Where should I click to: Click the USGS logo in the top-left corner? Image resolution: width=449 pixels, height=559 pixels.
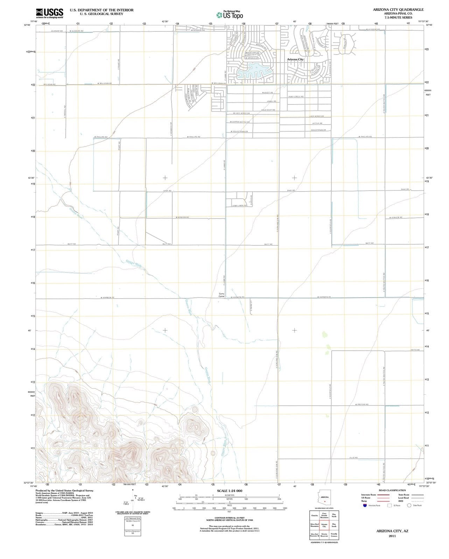(50, 13)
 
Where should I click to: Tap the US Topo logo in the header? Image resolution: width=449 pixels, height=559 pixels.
(229, 15)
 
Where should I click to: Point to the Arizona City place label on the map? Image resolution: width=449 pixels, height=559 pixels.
(295, 59)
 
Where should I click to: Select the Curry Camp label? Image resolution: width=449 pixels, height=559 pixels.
(222, 295)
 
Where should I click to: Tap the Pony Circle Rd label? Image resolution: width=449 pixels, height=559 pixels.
(296, 97)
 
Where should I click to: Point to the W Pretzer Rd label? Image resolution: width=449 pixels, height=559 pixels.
(362, 405)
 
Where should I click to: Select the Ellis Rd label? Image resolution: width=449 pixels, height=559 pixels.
(353, 457)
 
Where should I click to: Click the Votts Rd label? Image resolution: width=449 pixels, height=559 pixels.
(415, 350)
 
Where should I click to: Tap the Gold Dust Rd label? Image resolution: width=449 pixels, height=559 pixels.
(268, 110)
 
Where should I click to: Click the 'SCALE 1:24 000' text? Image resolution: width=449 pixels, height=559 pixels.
(229, 491)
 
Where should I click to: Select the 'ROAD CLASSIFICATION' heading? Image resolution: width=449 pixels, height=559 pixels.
(392, 490)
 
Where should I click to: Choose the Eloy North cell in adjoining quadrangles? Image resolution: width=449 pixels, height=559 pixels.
(334, 515)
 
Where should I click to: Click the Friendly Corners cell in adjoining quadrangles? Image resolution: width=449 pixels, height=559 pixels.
(334, 535)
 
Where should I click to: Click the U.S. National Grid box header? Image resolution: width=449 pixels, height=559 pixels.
(133, 518)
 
